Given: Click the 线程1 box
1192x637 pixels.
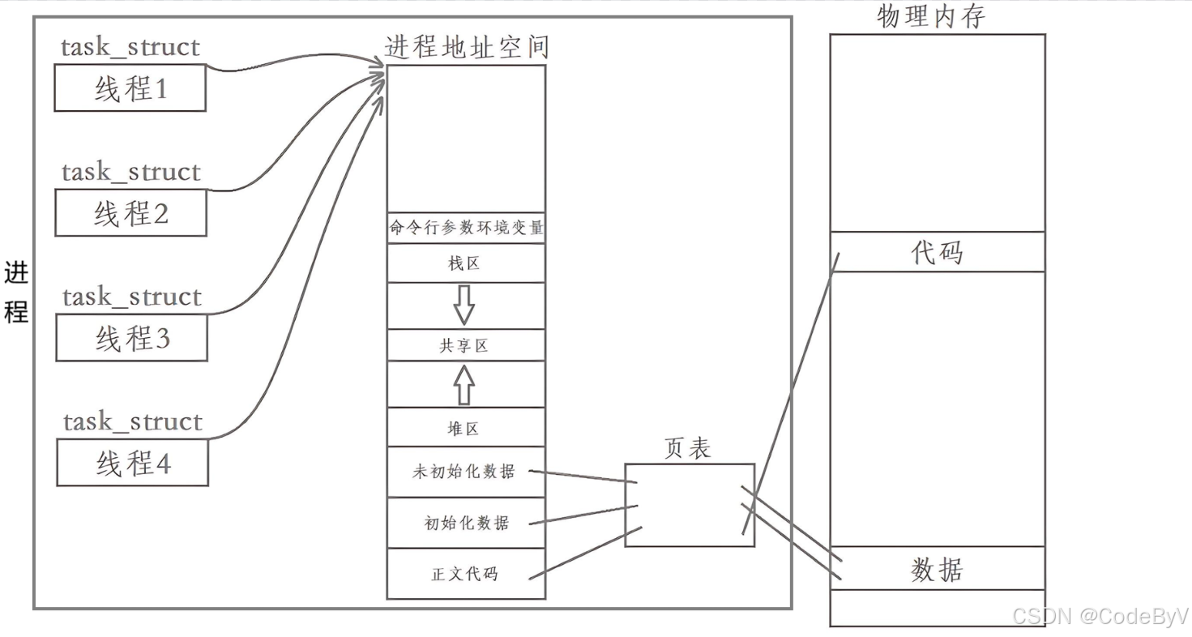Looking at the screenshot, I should pyautogui.click(x=130, y=88).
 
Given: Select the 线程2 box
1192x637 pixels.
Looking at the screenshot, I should pyautogui.click(x=130, y=213).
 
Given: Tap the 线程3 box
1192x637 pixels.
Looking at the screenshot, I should pyautogui.click(x=131, y=338).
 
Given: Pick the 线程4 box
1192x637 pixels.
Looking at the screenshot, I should pyautogui.click(x=132, y=463).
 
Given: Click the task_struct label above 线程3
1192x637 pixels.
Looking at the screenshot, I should pyautogui.click(x=132, y=297).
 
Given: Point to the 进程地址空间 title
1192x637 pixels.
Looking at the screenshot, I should pyautogui.click(x=467, y=47).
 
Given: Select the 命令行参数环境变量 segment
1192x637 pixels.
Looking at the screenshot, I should pyautogui.click(x=466, y=228).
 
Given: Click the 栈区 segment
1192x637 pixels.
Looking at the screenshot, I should pyautogui.click(x=466, y=263).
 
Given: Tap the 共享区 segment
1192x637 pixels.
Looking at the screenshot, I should pyautogui.click(x=466, y=345).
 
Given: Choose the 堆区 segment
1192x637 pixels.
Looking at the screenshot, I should pyautogui.click(x=466, y=428).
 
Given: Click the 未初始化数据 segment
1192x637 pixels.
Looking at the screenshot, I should pyautogui.click(x=466, y=472).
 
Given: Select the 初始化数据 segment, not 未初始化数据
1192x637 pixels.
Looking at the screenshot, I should pyautogui.click(x=466, y=523).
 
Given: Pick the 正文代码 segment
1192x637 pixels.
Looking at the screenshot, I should pyautogui.click(x=466, y=574).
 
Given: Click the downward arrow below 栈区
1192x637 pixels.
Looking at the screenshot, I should pyautogui.click(x=464, y=306).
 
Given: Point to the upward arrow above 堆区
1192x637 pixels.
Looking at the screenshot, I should pyautogui.click(x=464, y=384).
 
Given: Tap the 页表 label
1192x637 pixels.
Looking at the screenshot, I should pyautogui.click(x=687, y=449).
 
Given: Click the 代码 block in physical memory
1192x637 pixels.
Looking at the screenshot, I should pyautogui.click(x=938, y=252).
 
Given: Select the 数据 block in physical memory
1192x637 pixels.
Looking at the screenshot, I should pyautogui.click(x=938, y=569).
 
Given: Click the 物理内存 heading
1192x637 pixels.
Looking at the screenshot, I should pyautogui.click(x=931, y=16).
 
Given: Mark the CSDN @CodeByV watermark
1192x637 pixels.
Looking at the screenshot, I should pyautogui.click(x=1100, y=616).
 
